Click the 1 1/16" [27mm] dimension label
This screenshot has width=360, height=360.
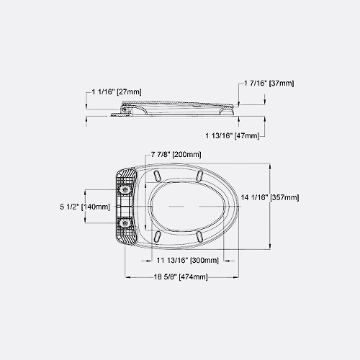pyautogui.click(x=117, y=91)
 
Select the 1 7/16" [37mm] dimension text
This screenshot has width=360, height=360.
pyautogui.click(x=269, y=84)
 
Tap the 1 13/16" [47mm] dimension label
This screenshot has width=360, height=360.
pyautogui.click(x=233, y=135)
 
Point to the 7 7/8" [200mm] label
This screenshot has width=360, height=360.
pyautogui.click(x=176, y=154)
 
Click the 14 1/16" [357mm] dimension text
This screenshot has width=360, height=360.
pyautogui.click(x=270, y=197)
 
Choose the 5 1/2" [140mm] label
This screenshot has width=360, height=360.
pyautogui.click(x=85, y=207)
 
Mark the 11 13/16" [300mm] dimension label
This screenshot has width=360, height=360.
pyautogui.click(x=188, y=260)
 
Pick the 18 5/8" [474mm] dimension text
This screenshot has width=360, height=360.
pyautogui.click(x=181, y=277)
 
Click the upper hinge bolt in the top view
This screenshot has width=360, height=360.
pyautogui.click(x=125, y=189)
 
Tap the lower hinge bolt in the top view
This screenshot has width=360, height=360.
pyautogui.click(x=125, y=223)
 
